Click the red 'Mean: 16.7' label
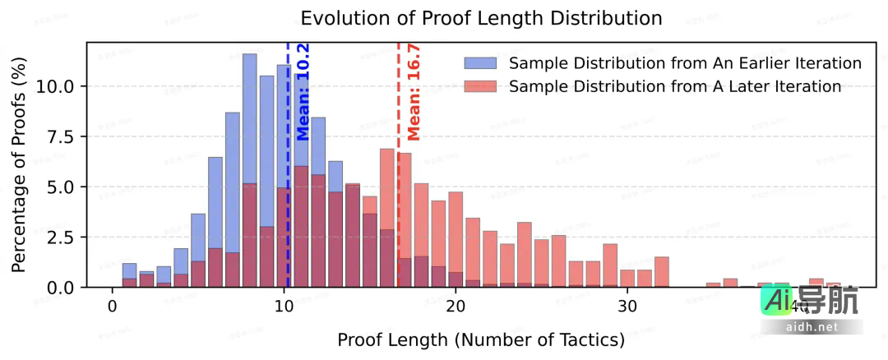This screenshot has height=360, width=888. (x=414, y=100)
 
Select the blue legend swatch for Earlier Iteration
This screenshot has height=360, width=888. (x=481, y=63)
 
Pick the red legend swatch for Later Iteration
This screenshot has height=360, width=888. (x=481, y=86)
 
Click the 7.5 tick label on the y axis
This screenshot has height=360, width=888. (x=62, y=136)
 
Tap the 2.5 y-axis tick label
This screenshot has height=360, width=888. (x=62, y=238)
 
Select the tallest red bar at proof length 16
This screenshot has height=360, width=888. (x=387, y=218)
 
